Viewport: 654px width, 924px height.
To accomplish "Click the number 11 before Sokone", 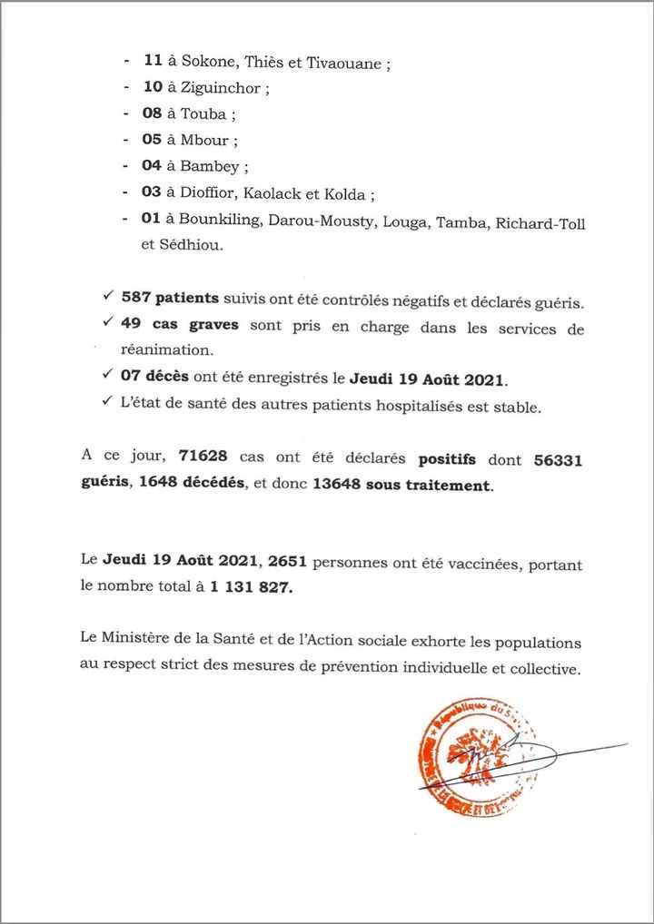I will click(x=152, y=63).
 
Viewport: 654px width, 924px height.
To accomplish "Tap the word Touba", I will click(x=203, y=114).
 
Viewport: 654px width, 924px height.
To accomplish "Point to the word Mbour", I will click(x=206, y=140).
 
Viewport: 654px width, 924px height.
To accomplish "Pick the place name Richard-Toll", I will click(x=540, y=222).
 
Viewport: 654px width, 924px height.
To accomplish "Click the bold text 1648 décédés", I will click(x=191, y=485).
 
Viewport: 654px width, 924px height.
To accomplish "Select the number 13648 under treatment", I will click(x=337, y=485).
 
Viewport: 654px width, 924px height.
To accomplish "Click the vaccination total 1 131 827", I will click(x=250, y=587).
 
